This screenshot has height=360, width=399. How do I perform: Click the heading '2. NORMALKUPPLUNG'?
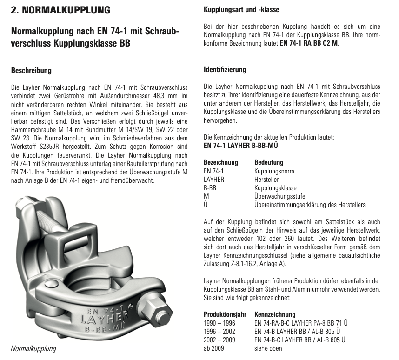pos(60,10)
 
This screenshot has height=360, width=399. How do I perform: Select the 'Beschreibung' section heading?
pos(31,71)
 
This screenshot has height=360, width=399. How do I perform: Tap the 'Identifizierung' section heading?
pos(225,70)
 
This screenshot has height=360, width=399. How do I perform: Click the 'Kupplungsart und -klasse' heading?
pos(242,9)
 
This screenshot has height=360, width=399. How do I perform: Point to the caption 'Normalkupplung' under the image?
pos(33,348)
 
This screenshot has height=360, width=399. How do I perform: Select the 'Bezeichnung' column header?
pos(221,162)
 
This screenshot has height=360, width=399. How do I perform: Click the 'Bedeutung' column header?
pos(269,162)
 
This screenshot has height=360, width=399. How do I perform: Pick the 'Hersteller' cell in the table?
pos(267,180)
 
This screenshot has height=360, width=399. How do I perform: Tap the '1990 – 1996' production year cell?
pos(219,323)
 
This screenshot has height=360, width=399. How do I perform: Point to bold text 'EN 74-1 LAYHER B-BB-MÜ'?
pos(241,146)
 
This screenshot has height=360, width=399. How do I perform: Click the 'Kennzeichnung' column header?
pos(275,314)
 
